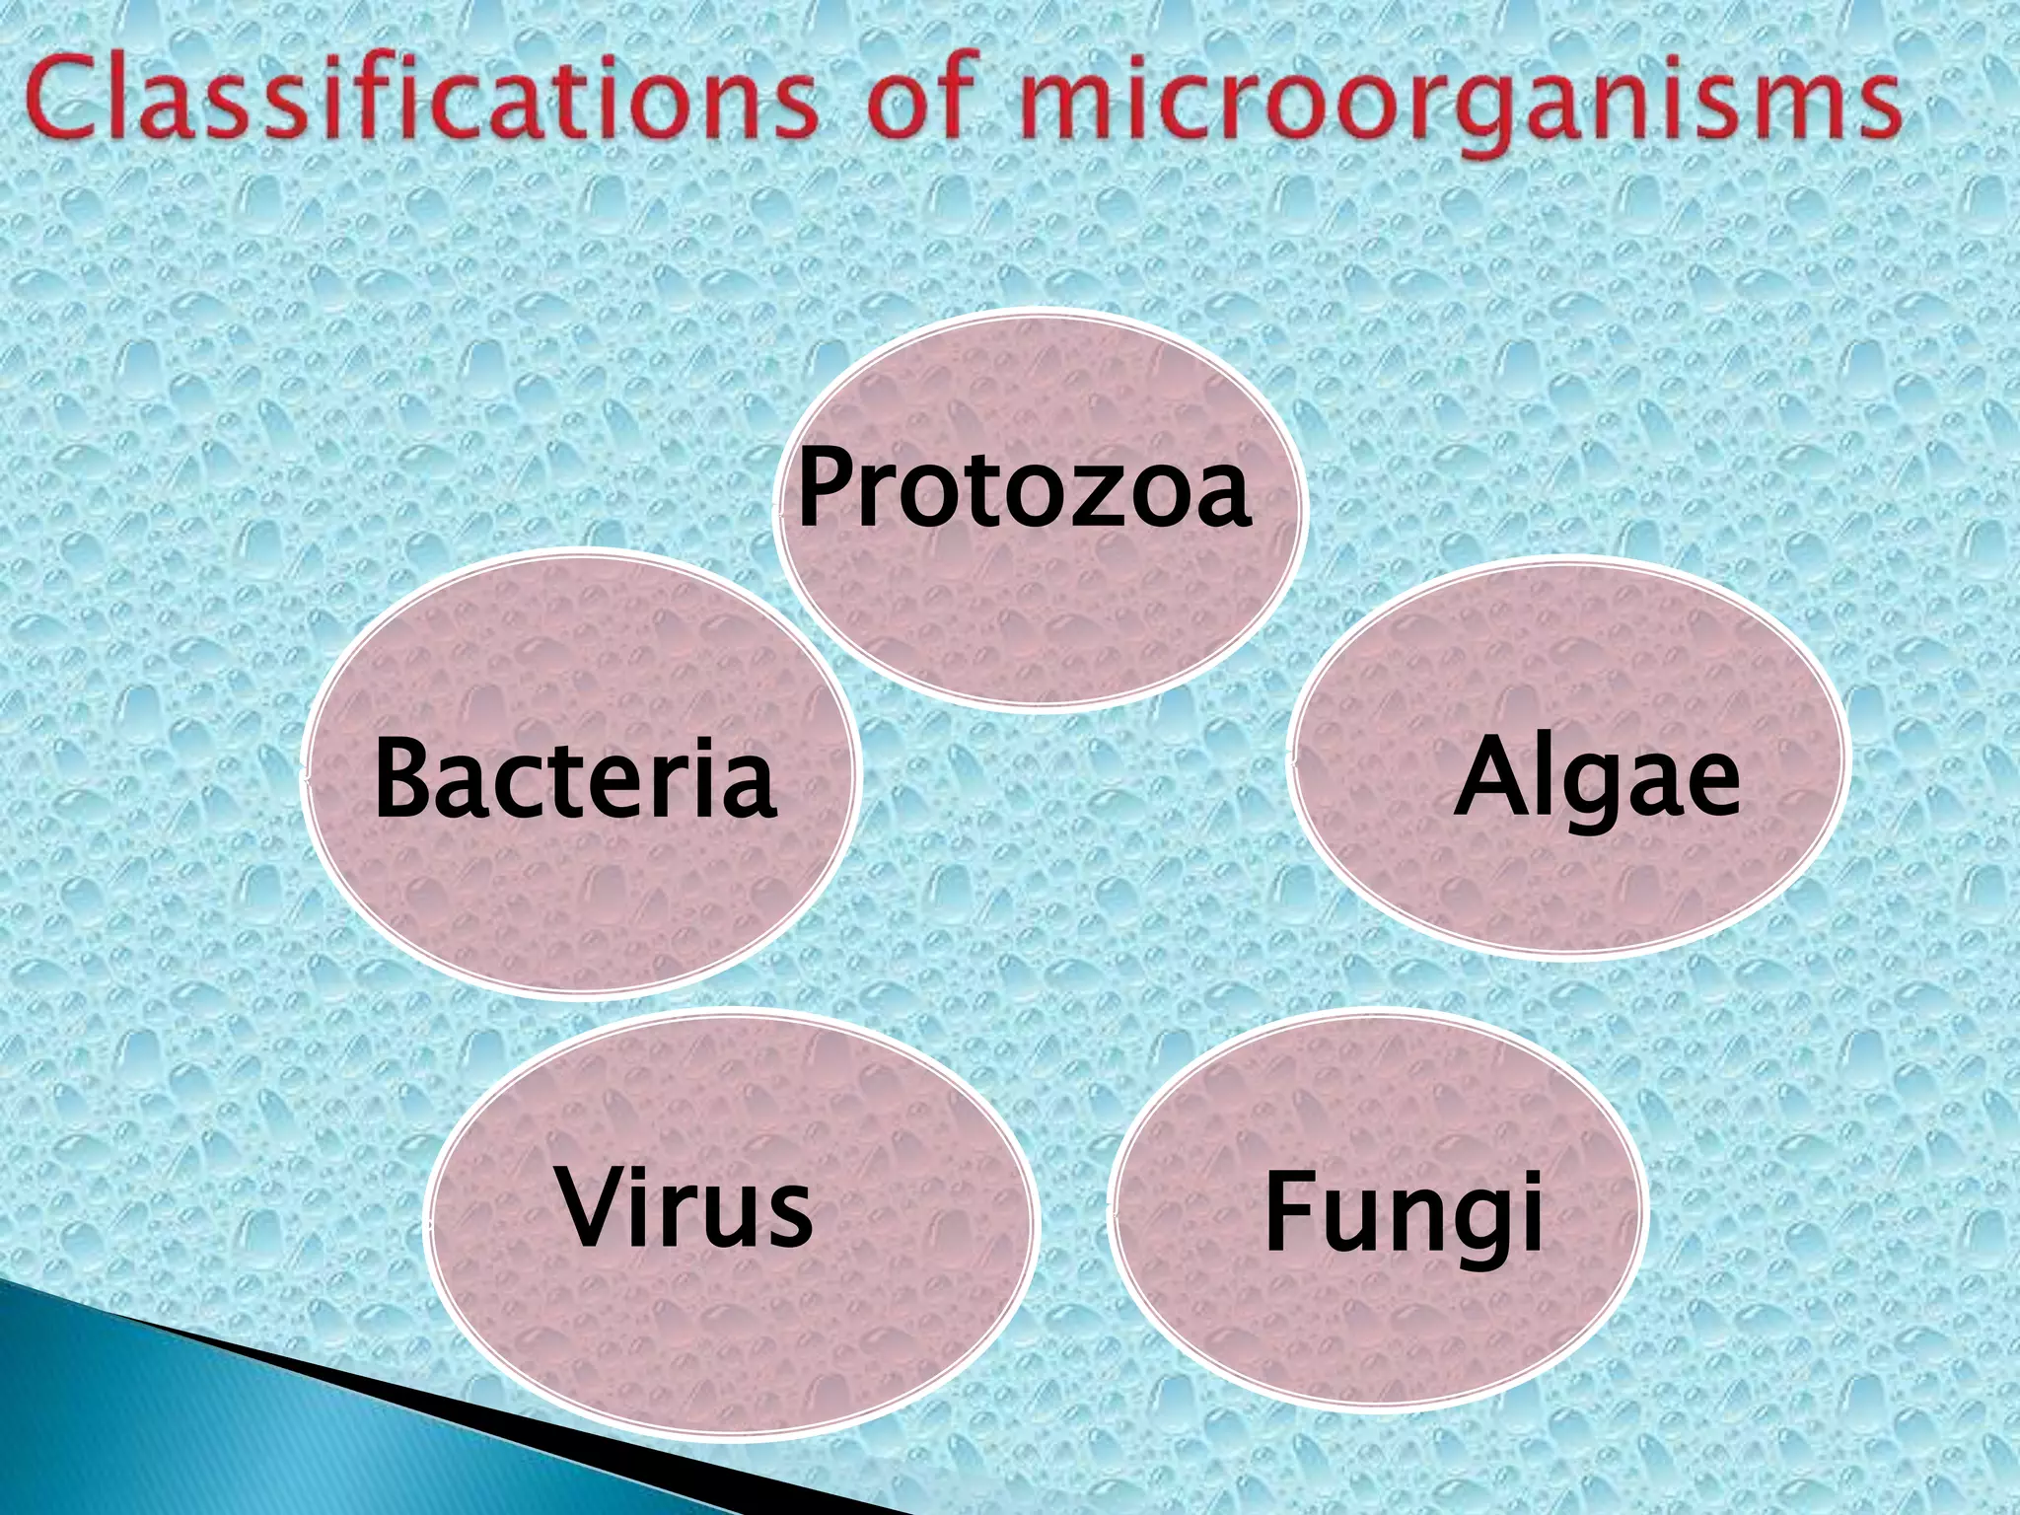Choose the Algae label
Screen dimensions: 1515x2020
(x=1597, y=779)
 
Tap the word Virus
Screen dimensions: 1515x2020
(x=686, y=1206)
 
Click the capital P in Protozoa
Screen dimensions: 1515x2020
(x=827, y=485)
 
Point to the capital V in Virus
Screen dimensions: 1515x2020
(x=594, y=1204)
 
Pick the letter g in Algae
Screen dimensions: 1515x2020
(x=1591, y=790)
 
